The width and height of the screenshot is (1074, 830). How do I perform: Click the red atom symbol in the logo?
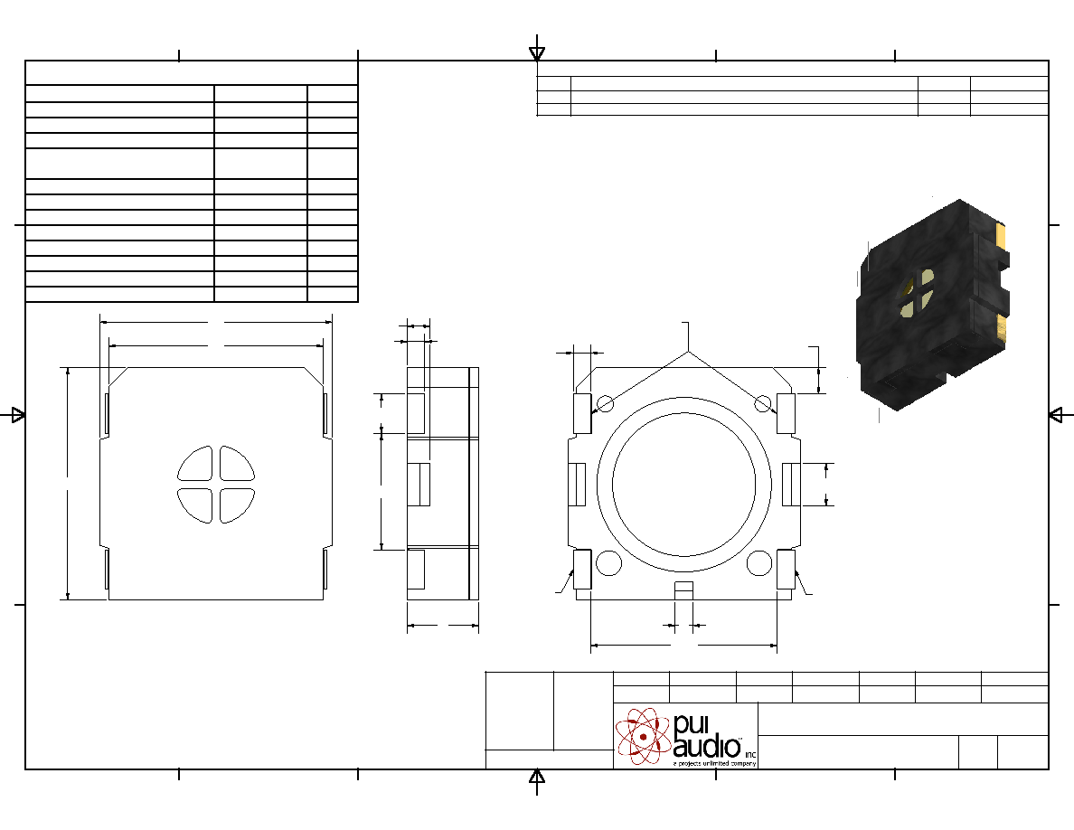tap(643, 736)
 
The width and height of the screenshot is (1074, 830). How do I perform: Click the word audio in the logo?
tap(707, 746)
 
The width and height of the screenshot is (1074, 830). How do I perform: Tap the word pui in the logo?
tap(690, 724)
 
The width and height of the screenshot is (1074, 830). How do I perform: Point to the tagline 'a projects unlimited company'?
tap(714, 763)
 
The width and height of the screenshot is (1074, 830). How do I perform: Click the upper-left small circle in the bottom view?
tap(606, 403)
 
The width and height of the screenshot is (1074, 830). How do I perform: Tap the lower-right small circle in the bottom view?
tap(758, 563)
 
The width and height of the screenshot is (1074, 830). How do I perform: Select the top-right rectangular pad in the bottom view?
tap(786, 413)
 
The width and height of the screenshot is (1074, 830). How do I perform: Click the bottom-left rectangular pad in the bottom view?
tap(582, 569)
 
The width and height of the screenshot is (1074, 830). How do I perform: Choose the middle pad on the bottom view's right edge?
tap(791, 485)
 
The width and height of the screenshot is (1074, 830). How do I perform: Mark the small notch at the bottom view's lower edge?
tap(684, 590)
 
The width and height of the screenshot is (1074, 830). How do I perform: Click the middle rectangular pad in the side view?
tap(419, 485)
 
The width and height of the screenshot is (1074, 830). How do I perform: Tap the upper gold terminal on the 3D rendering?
tap(1001, 237)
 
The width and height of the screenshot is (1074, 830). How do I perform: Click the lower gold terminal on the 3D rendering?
tap(1002, 328)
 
